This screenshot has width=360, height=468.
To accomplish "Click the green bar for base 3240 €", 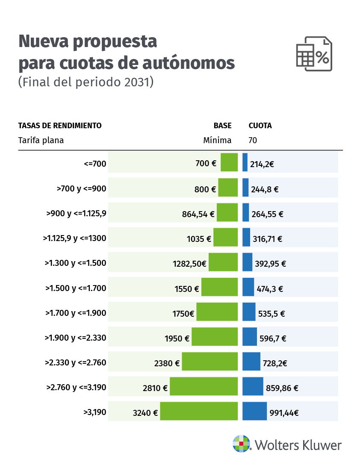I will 199,411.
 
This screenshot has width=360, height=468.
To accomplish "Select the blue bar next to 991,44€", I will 254,411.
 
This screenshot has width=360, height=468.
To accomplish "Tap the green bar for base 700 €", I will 229,162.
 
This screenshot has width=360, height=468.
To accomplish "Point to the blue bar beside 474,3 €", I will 248,287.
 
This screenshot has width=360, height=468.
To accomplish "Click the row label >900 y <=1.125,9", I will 76,213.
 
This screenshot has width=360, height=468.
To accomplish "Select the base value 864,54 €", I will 198,214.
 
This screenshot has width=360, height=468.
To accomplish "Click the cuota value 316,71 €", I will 267,239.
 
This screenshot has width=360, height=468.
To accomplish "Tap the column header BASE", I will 222,126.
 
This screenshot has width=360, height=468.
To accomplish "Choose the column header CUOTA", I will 260,126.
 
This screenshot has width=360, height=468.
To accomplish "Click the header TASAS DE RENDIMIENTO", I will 60,126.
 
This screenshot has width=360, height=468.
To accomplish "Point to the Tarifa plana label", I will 41,140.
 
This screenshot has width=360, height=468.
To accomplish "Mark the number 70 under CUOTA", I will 253,140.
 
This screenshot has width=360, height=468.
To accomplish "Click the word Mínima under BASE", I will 217,140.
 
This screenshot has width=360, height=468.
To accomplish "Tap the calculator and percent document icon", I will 314,54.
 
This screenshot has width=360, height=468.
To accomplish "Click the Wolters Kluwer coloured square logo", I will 241,444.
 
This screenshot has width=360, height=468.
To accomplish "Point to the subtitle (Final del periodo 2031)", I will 86,82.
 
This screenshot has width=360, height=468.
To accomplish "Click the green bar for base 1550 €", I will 219,287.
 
